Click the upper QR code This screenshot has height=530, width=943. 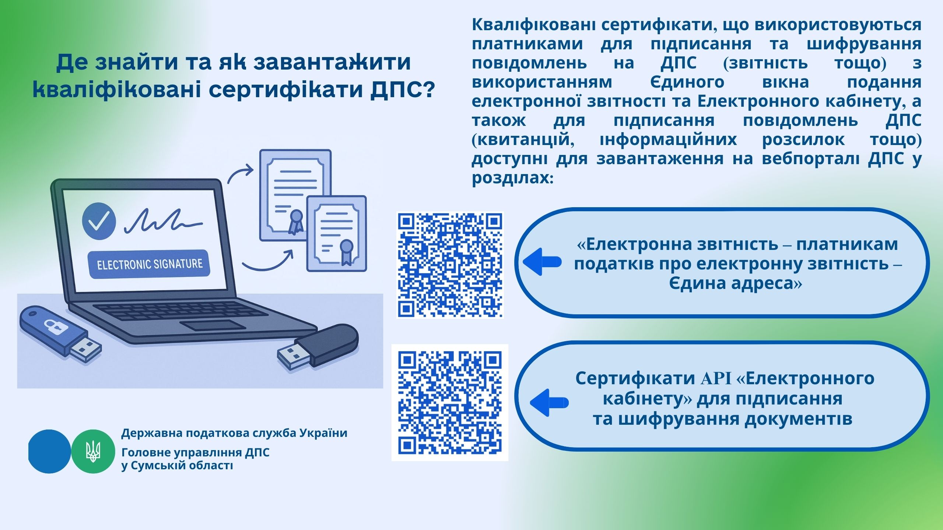(x=450, y=265)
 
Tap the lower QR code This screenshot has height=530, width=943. (x=450, y=402)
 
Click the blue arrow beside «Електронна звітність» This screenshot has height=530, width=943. (x=542, y=262)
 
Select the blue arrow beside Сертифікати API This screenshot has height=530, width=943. (x=549, y=403)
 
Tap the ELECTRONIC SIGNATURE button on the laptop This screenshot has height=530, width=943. (x=149, y=264)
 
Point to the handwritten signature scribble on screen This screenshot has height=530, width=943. (x=164, y=221)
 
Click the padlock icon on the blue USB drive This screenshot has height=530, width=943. (x=50, y=326)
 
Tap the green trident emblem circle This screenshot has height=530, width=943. (x=93, y=451)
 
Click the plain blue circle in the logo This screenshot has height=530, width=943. (x=49, y=451)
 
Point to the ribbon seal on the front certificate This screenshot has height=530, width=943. (x=346, y=252)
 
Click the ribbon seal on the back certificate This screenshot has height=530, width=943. (x=295, y=222)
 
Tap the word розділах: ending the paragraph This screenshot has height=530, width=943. (x=513, y=178)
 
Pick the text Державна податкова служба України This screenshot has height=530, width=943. (x=234, y=433)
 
